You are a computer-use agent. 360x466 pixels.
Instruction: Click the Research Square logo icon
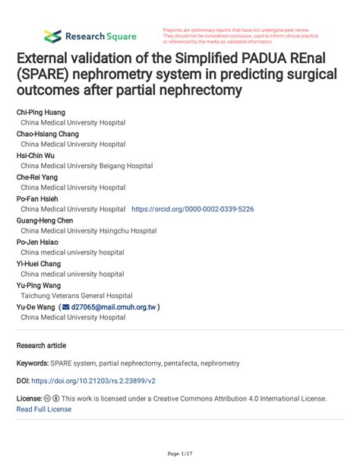click(52, 36)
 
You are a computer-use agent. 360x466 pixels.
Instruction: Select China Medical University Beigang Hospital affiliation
click(87, 166)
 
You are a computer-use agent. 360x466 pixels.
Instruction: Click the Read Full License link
click(44, 409)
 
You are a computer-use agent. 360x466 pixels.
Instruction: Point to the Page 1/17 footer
click(180, 454)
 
